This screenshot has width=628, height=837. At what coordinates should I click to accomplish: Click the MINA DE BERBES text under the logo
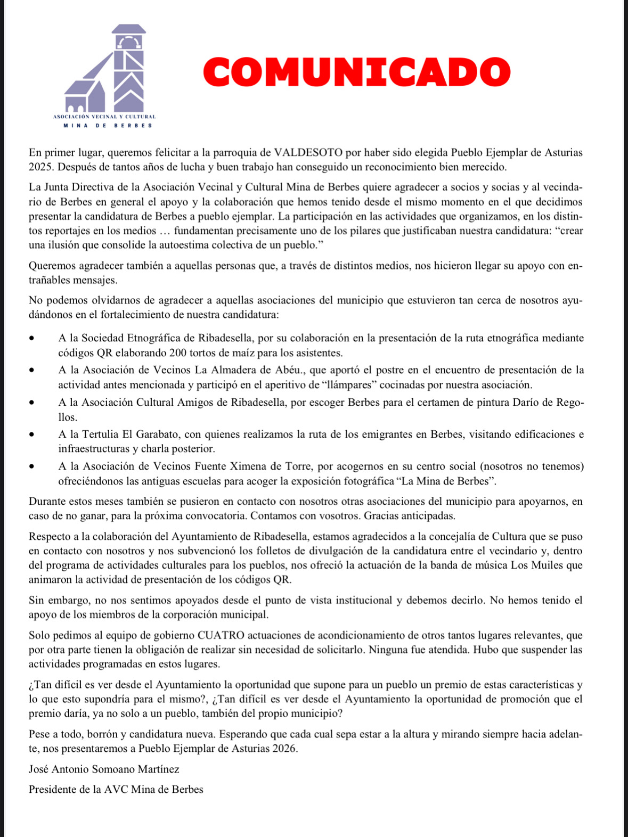point(108,126)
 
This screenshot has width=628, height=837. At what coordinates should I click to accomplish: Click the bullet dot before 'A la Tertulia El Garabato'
point(34,435)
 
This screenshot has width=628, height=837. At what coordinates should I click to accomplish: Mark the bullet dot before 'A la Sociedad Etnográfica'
point(34,339)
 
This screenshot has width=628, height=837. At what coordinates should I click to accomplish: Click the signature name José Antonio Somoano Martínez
point(104,769)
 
